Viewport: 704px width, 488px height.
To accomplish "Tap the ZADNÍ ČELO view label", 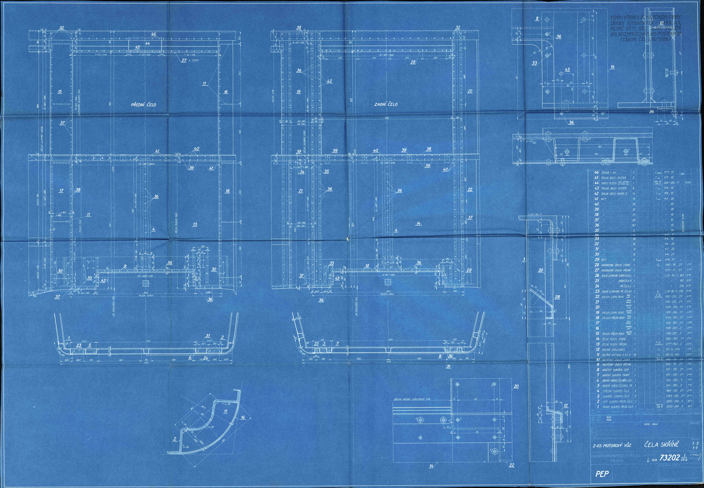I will coord(386,104).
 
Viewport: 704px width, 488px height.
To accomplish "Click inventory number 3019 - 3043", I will coord(650,424).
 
